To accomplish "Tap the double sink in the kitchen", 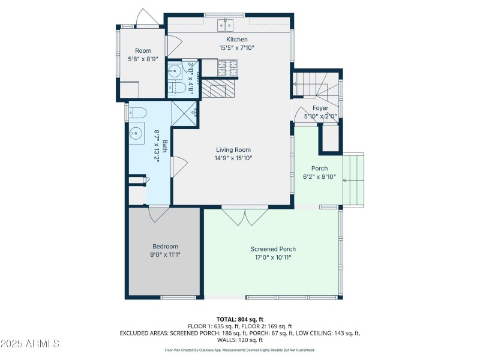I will pos(225,25).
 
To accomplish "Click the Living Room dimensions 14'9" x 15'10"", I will pos(233,158).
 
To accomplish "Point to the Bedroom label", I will pos(165,247).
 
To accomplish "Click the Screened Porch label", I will pos(273,249).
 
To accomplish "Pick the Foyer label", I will pos(320,108).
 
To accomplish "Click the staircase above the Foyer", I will pos(314,83).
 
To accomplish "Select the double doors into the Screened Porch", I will pos(245,215).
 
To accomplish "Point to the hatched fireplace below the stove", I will pos(214,89).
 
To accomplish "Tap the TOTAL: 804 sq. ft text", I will pos(239,319).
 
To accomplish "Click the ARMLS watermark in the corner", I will pos(30,344).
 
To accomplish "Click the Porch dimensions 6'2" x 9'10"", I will pos(319,176).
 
